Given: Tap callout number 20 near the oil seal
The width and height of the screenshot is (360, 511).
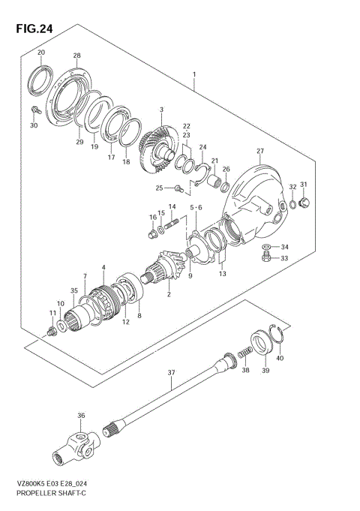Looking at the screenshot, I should [x=41, y=52].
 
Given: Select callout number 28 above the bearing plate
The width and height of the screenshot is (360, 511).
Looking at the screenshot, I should [x=76, y=56].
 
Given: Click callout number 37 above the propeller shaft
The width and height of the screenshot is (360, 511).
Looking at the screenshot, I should [x=171, y=372].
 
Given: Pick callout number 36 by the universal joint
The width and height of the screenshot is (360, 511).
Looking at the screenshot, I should [x=81, y=416].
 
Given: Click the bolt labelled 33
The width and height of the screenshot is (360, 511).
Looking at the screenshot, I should [x=266, y=258].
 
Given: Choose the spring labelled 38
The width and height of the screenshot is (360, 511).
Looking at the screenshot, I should [x=243, y=353].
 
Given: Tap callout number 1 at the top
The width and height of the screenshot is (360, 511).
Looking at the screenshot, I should [x=193, y=75].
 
